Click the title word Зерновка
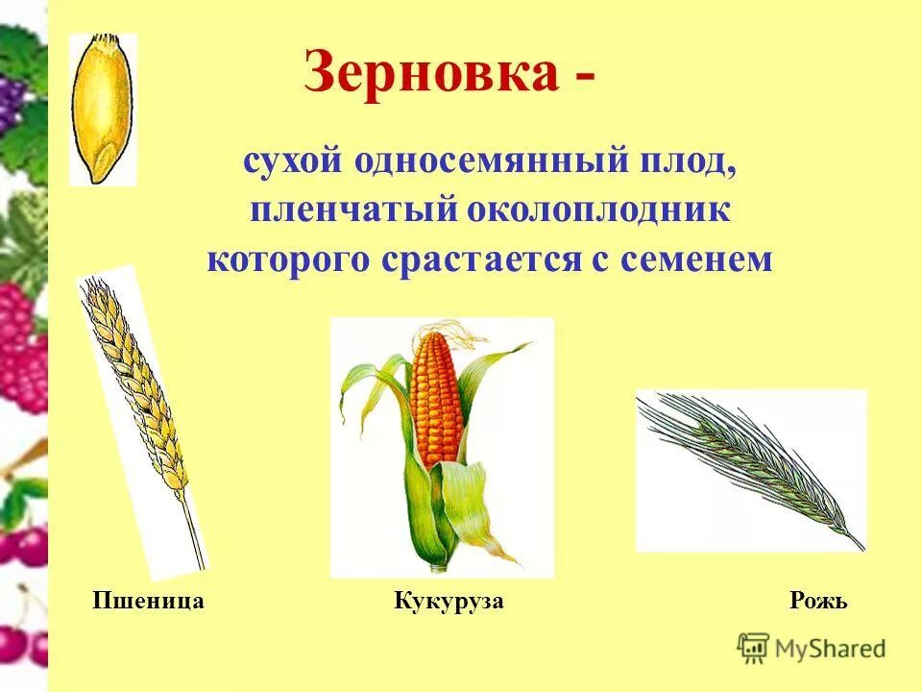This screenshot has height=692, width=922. (431, 73)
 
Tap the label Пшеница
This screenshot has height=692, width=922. (148, 602)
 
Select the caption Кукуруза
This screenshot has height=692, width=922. (449, 602)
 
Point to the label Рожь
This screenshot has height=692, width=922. (818, 602)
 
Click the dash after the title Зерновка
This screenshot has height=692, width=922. (584, 77)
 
